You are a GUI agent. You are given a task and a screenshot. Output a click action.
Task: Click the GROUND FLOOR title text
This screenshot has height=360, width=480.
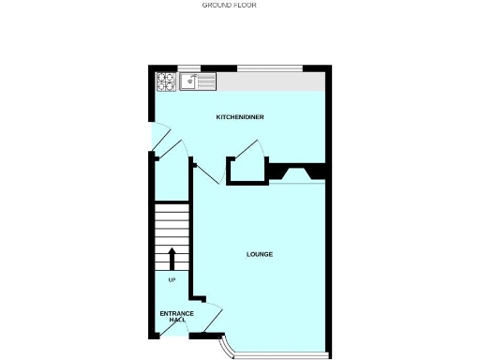pos(230,5)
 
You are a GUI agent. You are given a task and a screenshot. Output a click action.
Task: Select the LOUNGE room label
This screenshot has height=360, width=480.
pos(260,254)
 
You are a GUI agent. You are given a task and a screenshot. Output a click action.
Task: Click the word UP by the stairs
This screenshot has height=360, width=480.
pos(172,279)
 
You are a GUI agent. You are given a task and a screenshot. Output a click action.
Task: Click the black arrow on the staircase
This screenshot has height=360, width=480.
pos(172,258)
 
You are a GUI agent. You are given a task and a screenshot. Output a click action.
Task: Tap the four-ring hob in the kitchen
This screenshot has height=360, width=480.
pos(166,82)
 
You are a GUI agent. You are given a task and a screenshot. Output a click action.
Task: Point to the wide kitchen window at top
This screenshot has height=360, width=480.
pos(269,67)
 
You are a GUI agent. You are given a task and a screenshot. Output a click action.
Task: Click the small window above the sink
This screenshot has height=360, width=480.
pos(189,67)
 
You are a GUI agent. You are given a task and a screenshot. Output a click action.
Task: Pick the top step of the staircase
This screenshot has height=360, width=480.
pos(172,207)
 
